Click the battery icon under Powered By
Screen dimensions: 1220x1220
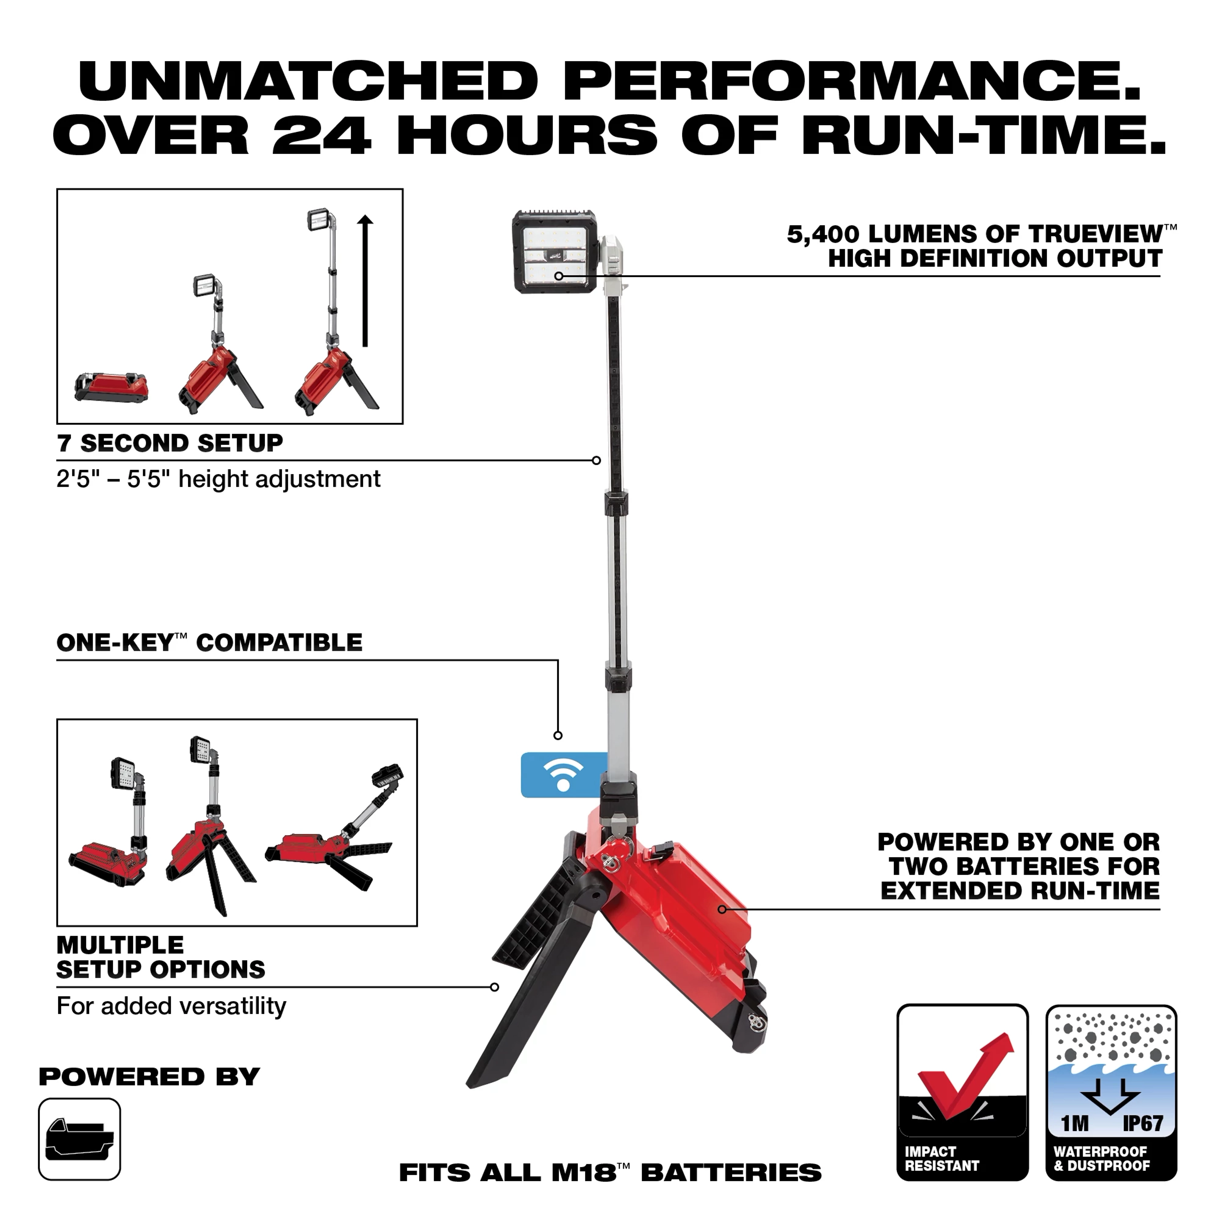click(80, 1139)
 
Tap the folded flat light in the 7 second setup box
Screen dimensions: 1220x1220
click(111, 386)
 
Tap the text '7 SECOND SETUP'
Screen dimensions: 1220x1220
click(170, 443)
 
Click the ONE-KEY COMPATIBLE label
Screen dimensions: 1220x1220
click(210, 643)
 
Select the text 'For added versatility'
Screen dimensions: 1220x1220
click(171, 1005)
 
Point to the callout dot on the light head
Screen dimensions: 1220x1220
click(559, 276)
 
